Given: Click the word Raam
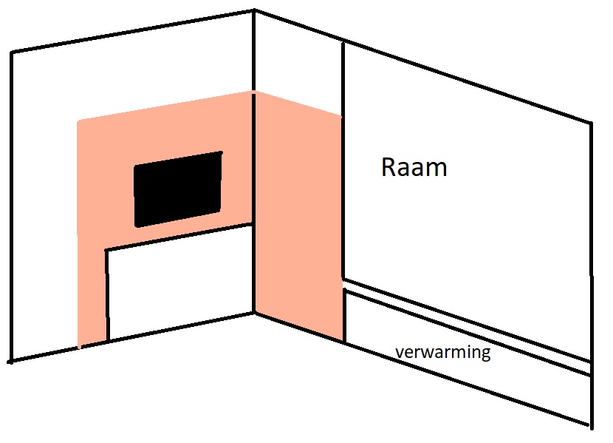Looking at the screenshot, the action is coord(414,167).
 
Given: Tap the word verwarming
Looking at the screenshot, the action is coord(443,352).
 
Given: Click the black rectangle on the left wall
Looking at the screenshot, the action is coord(178,189).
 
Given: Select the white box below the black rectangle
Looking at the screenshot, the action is coord(179,283).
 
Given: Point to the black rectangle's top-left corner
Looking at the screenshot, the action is coord(135,166).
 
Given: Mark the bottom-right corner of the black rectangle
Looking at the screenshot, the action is coord(220,212).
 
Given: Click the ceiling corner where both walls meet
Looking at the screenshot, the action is coord(254,10).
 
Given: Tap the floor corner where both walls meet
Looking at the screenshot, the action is coord(254,312).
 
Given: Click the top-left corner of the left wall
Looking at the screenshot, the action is coord(12,52).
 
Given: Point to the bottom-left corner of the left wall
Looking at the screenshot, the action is coord(11,361).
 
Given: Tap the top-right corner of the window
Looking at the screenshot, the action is coord(591,123).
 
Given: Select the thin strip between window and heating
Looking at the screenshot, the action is coord(468,327).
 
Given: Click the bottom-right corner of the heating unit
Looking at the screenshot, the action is coord(591,425).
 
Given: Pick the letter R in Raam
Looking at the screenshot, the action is coord(388,167).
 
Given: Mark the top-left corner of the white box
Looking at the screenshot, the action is coord(106,249).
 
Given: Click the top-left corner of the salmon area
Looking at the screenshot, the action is coord(78,122).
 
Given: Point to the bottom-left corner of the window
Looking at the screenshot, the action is coord(343,279).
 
